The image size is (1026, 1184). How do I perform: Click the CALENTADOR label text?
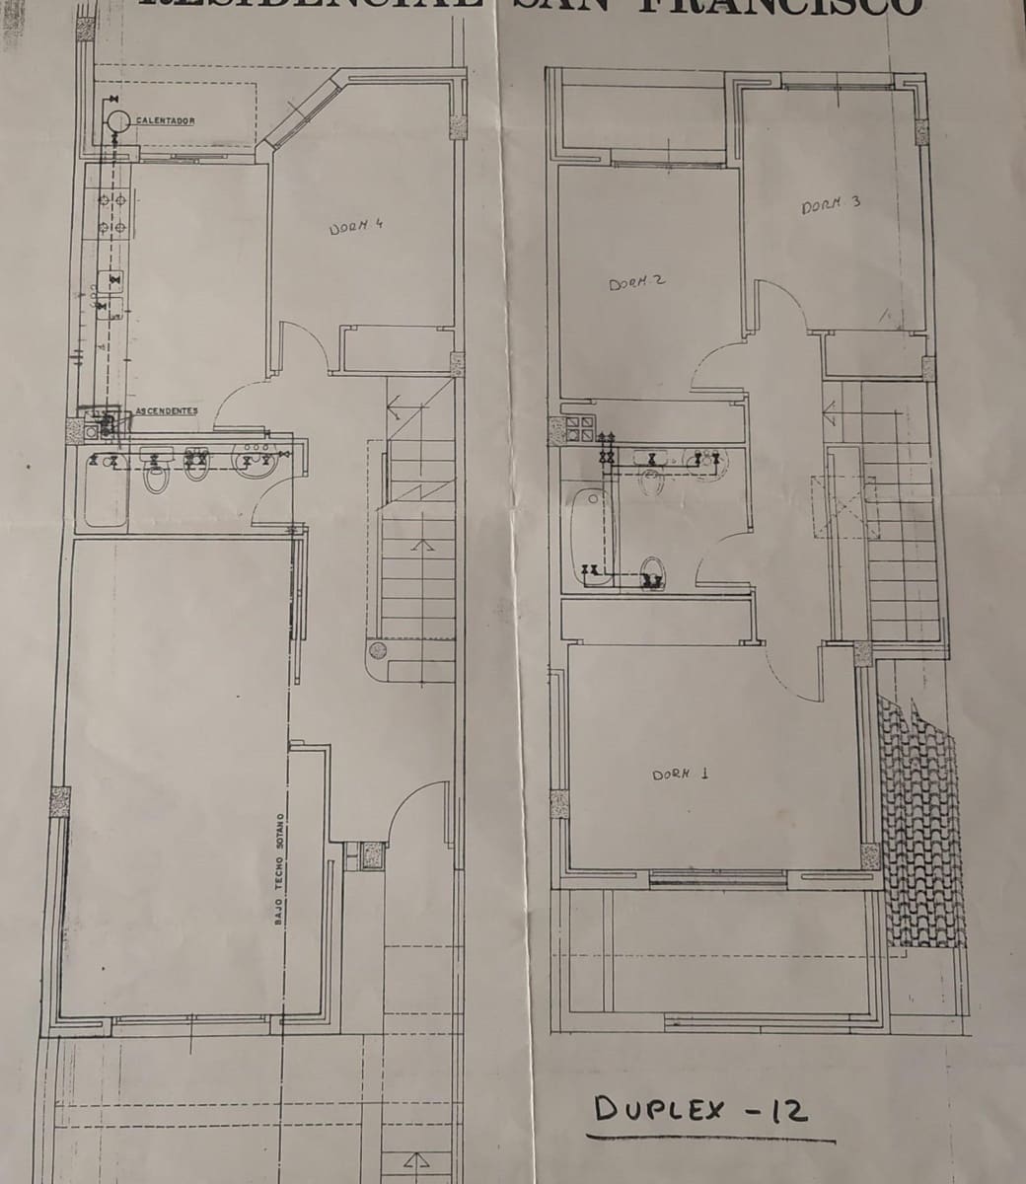pos(166,121)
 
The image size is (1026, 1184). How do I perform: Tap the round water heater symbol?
pos(118,120)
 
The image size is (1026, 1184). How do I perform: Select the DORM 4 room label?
pos(355,226)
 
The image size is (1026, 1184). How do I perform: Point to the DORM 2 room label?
pos(636,282)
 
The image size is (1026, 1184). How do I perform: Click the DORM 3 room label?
pos(831,204)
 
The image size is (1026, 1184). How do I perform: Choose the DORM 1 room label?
pos(680,775)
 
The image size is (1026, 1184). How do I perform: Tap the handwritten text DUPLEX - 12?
pos(701,1112)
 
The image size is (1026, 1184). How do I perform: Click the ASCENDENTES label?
pos(167,410)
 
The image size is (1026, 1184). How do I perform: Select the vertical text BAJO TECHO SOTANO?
pos(280,868)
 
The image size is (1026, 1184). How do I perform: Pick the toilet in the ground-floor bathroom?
pos(155,478)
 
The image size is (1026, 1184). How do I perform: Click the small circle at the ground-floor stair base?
pos(376,650)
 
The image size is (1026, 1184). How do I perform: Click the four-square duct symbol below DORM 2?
pos(579,427)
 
